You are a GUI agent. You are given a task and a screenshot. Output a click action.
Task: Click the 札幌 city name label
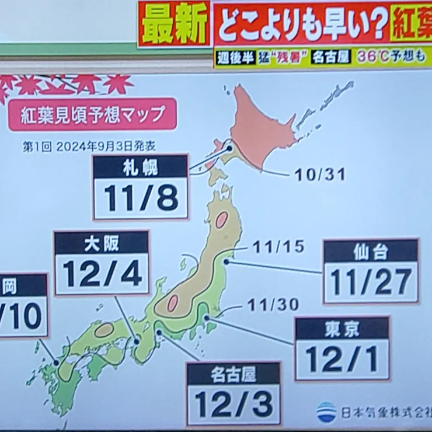[x=140, y=166]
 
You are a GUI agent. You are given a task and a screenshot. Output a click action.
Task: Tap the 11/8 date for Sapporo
[x=141, y=198]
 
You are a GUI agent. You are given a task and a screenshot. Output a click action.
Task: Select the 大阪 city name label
[x=101, y=242]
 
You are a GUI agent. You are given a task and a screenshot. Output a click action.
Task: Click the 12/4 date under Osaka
[x=102, y=273]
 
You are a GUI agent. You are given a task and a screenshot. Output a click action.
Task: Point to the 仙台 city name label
[x=371, y=251]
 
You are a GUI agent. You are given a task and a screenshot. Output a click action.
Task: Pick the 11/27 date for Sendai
[x=371, y=283]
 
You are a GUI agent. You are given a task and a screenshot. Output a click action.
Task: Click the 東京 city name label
[x=342, y=329]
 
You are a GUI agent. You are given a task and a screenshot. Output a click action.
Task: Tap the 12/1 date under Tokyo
[x=342, y=360]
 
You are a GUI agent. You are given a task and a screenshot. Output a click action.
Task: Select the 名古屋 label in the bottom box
[x=234, y=374]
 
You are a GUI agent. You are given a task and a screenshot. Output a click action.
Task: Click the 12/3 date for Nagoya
[x=234, y=404]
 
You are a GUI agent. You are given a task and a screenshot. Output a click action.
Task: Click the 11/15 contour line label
[x=278, y=247]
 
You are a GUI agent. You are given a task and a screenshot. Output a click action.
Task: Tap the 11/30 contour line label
[x=273, y=304]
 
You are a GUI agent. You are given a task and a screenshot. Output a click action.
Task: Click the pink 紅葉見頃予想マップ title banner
[x=93, y=114]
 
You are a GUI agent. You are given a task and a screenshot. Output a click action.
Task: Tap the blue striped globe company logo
[x=326, y=412]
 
